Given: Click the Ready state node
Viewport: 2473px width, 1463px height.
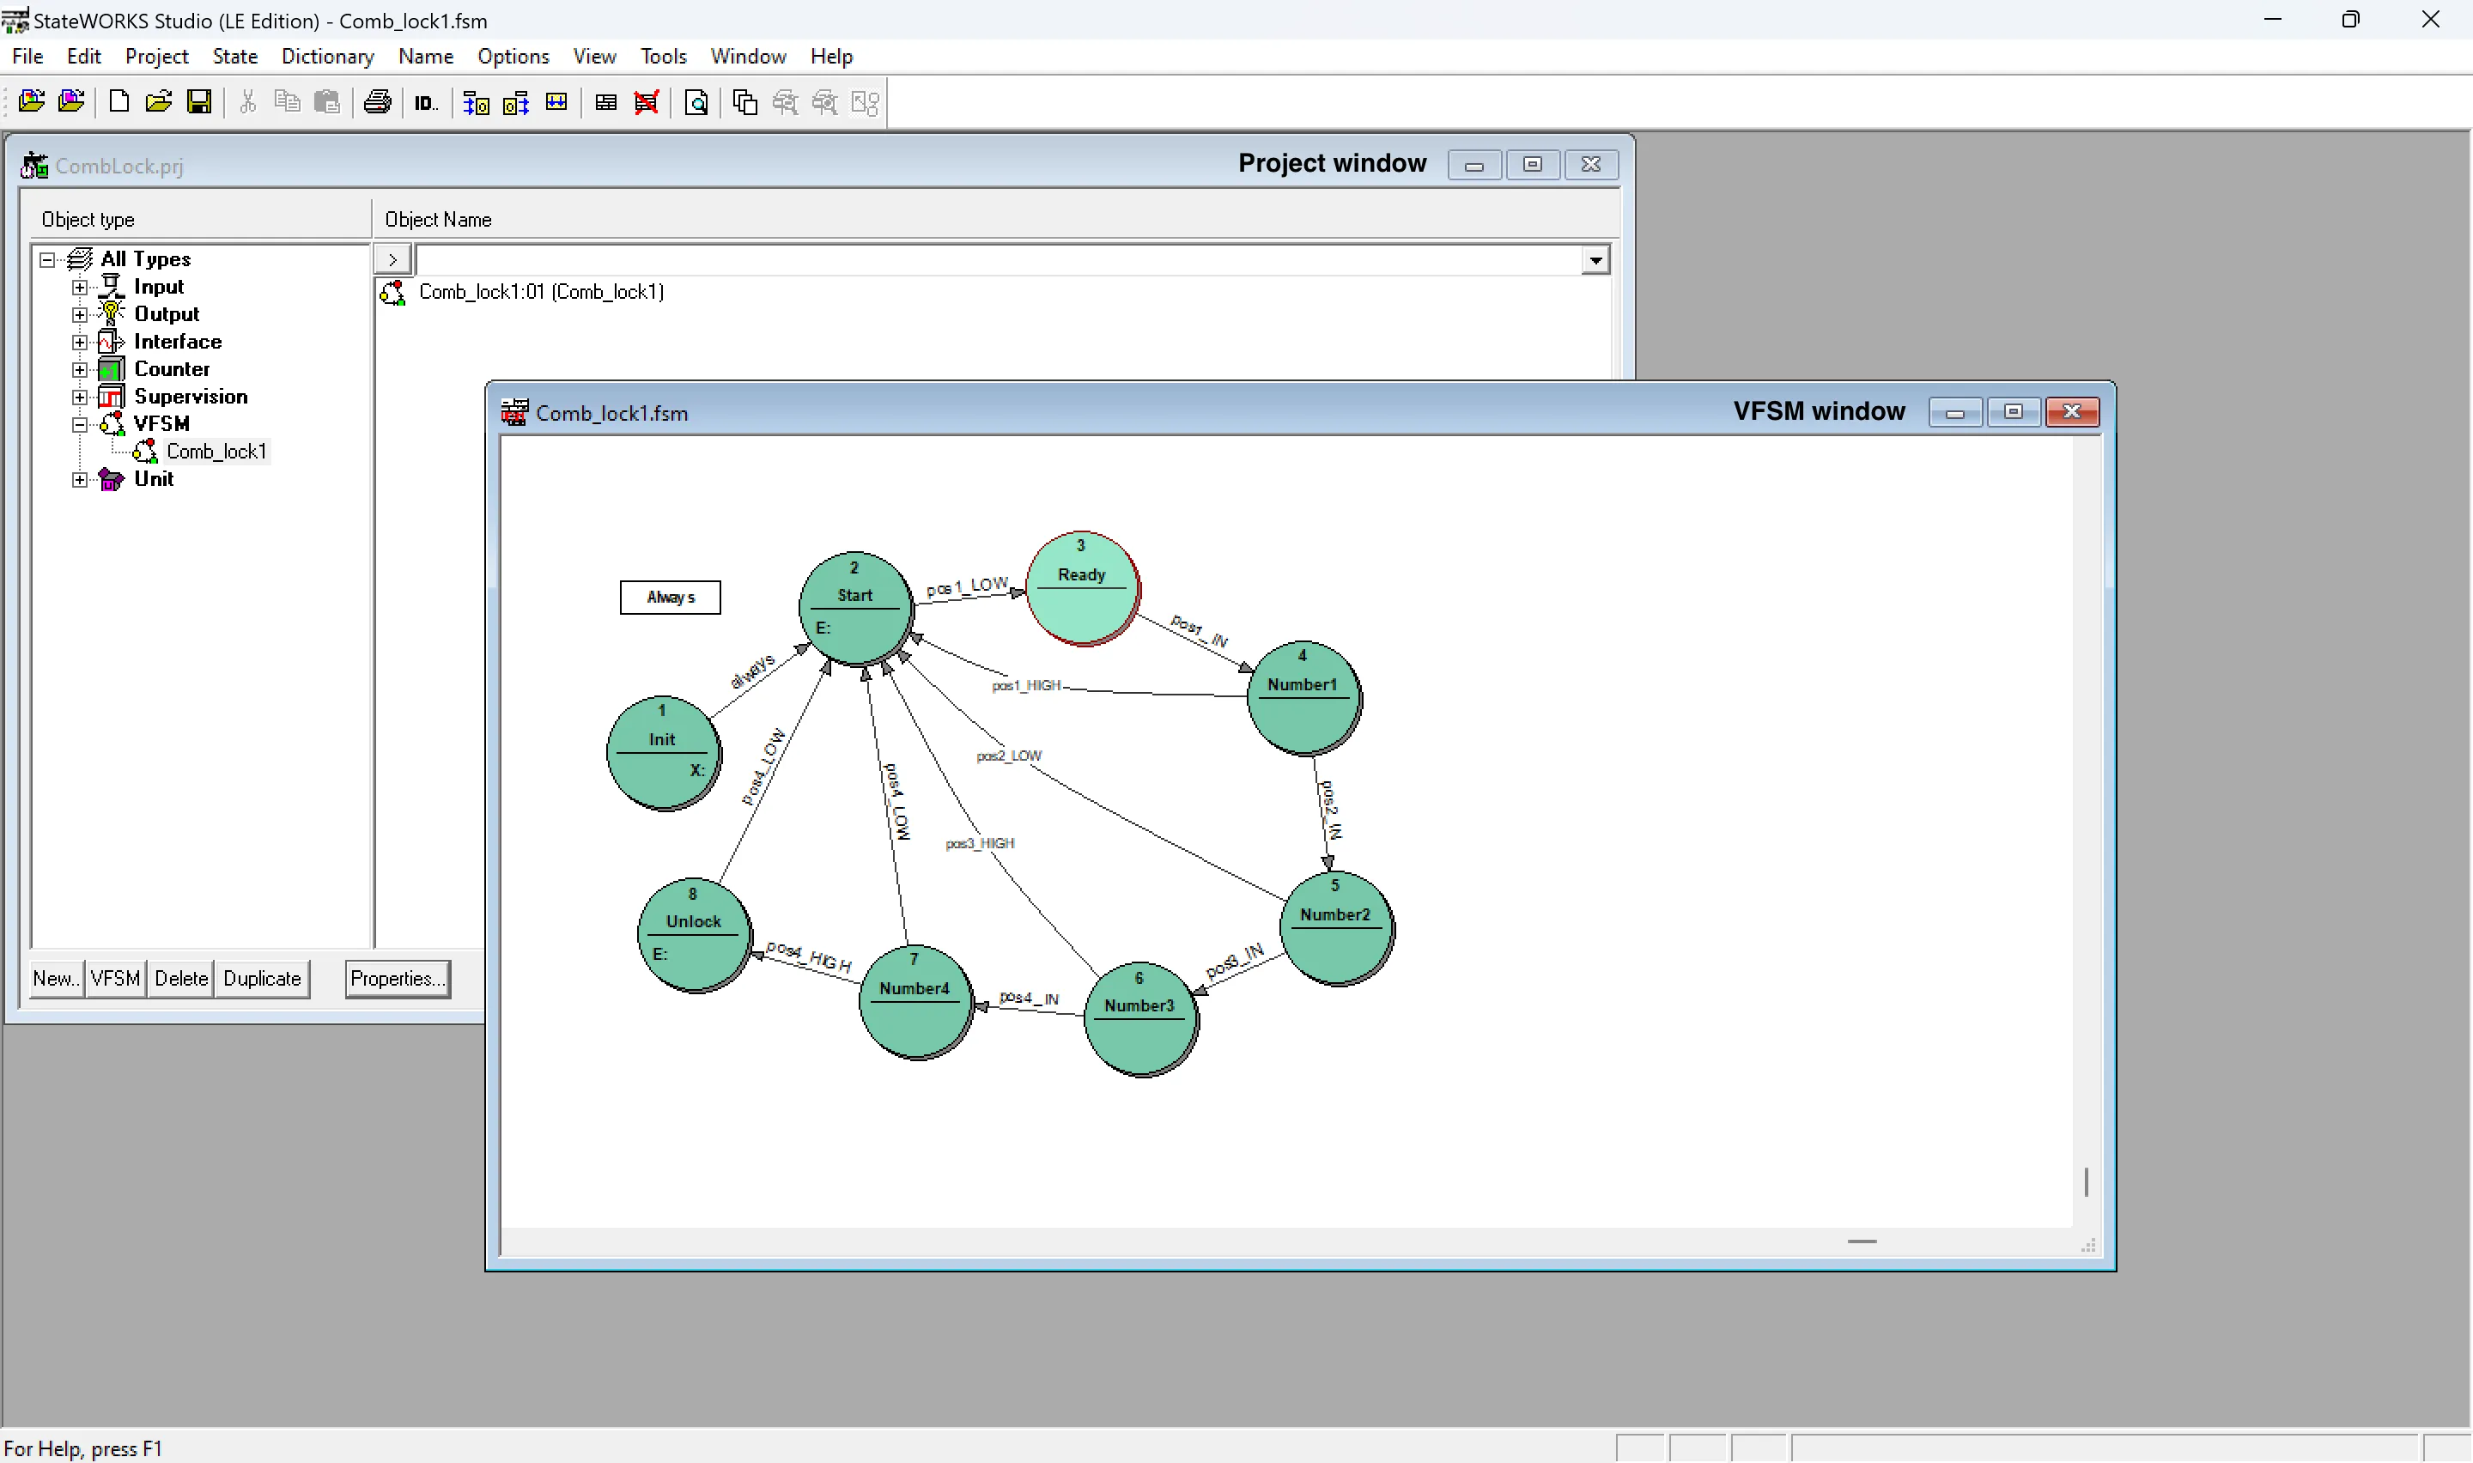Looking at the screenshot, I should tap(1082, 589).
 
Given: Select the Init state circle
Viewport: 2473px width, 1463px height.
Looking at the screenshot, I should tap(662, 753).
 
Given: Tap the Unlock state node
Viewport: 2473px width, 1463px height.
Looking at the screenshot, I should tap(694, 935).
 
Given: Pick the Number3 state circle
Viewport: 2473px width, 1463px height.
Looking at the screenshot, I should tap(1140, 1018).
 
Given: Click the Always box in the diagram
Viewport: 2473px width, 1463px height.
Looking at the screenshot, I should tap(671, 598).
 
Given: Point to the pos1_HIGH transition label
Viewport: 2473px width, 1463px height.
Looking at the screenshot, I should tap(1026, 685).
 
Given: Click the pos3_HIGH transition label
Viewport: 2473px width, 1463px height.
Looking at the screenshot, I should tap(980, 844).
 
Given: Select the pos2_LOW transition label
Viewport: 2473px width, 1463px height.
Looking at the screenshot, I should tap(1008, 756).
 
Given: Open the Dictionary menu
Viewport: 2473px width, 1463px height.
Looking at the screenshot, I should tap(327, 56).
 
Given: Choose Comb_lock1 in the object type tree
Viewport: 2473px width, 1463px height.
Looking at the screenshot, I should tap(216, 452).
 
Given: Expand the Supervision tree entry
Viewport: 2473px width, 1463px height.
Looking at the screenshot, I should tap(80, 398).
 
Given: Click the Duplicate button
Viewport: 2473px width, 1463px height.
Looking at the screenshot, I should tap(261, 979).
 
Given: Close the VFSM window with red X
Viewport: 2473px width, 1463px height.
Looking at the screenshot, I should tap(2072, 412).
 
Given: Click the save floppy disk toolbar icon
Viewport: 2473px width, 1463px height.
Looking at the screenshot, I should tap(199, 102).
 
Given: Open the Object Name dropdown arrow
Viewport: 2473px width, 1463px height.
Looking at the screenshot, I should tap(1595, 260).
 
